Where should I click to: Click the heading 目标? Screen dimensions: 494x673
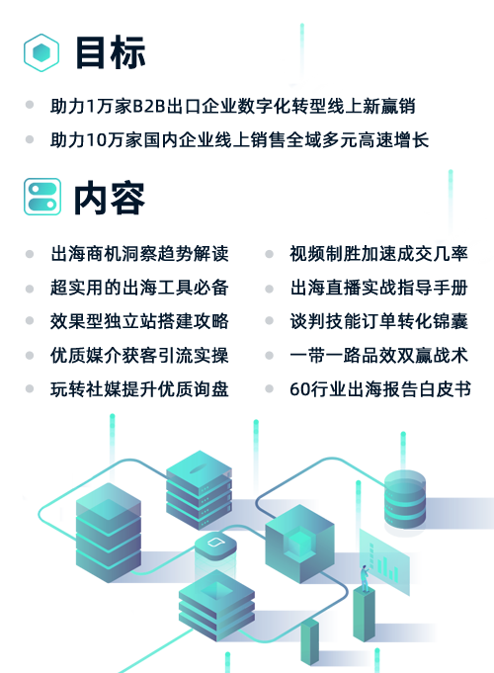[111, 52]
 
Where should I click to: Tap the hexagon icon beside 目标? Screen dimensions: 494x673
[41, 52]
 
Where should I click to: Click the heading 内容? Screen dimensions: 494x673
[110, 198]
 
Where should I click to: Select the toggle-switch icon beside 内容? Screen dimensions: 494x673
[42, 197]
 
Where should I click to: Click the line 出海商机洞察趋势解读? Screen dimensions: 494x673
[139, 254]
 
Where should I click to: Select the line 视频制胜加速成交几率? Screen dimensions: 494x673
[379, 254]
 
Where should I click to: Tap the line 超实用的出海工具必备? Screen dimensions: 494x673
[139, 288]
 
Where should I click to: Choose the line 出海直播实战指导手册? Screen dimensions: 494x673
[379, 288]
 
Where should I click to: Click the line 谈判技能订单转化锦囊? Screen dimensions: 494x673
[379, 321]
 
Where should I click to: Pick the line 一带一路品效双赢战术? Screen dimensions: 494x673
[379, 356]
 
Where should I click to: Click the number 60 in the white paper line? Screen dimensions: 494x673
[298, 389]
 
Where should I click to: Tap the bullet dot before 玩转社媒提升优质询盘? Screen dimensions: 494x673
[30, 388]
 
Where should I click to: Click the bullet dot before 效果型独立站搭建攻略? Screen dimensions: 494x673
[30, 320]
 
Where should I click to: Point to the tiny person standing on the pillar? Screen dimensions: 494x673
[365, 578]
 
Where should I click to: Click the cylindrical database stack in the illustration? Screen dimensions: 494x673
[405, 500]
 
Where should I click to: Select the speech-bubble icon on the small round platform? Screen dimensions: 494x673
[214, 543]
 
